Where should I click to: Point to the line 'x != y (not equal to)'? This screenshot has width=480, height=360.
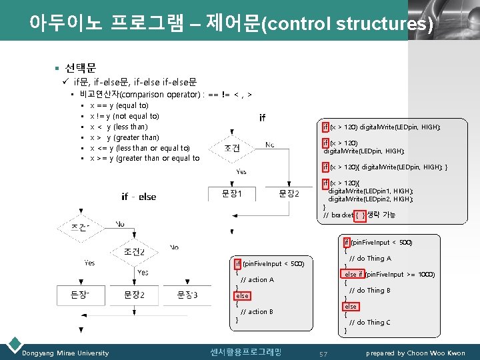(124, 116)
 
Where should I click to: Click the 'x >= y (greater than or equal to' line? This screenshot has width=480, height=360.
(144, 159)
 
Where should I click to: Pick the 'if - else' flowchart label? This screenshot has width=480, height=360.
(139, 197)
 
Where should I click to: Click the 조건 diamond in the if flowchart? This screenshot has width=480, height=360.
(232, 147)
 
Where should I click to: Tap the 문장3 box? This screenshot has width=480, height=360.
(187, 295)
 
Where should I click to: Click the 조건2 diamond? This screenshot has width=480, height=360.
(133, 251)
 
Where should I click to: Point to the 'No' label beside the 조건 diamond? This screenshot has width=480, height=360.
(269, 144)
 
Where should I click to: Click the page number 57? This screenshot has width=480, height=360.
(323, 353)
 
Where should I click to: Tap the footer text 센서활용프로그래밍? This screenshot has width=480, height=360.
(245, 352)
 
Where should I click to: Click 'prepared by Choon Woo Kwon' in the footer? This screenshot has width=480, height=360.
(417, 353)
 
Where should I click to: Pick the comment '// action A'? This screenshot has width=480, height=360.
(257, 280)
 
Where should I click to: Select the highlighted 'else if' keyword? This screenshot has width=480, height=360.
(353, 275)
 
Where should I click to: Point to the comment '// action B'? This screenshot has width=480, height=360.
(257, 312)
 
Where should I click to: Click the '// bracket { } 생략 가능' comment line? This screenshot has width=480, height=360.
(359, 215)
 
